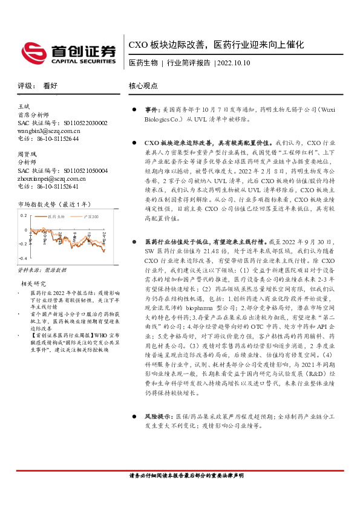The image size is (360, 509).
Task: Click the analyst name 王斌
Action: (25, 106)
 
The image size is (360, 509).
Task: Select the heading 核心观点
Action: (143, 86)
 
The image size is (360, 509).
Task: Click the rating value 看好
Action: (50, 86)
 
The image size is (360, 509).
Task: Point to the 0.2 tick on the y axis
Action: (23, 215)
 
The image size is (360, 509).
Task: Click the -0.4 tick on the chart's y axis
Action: (22, 260)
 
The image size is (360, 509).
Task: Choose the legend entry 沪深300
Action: (87, 216)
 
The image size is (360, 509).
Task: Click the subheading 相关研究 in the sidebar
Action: (34, 282)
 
